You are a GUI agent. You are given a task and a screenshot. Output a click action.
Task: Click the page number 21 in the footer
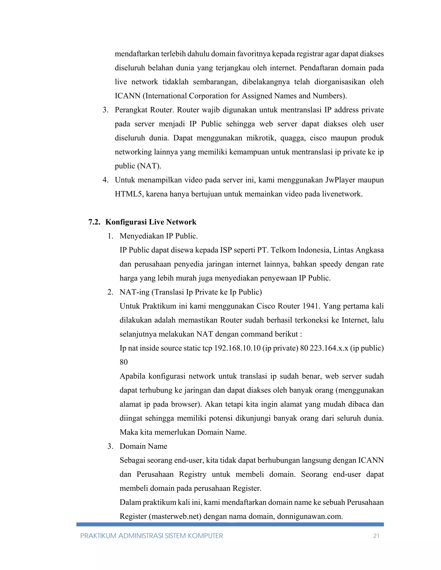[376, 536]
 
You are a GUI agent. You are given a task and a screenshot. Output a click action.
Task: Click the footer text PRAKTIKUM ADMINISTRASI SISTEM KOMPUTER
[152, 536]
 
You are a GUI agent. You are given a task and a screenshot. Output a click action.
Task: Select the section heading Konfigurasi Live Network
[151, 222]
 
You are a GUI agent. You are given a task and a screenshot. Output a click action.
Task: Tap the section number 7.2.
[94, 222]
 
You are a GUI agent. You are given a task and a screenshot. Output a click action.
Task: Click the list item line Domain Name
[143, 446]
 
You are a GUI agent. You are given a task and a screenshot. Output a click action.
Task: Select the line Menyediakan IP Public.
[158, 236]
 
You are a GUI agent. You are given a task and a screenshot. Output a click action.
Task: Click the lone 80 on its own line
[124, 362]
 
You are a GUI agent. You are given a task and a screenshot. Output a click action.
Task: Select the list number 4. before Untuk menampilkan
[105, 180]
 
